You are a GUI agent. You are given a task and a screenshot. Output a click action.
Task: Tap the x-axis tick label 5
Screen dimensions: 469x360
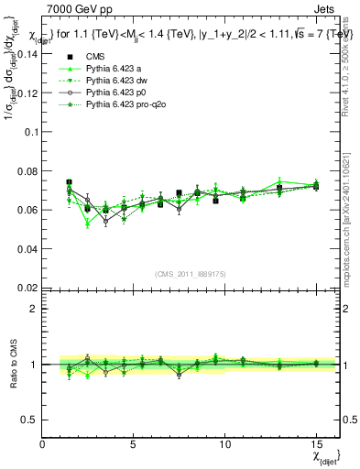click(x=134, y=445)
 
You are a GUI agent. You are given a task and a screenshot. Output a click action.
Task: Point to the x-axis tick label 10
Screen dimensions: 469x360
click(x=224, y=445)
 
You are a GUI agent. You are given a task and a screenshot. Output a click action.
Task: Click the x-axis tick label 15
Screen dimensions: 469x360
click(x=316, y=445)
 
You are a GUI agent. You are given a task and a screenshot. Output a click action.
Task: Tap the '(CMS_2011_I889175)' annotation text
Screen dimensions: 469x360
click(x=191, y=273)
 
